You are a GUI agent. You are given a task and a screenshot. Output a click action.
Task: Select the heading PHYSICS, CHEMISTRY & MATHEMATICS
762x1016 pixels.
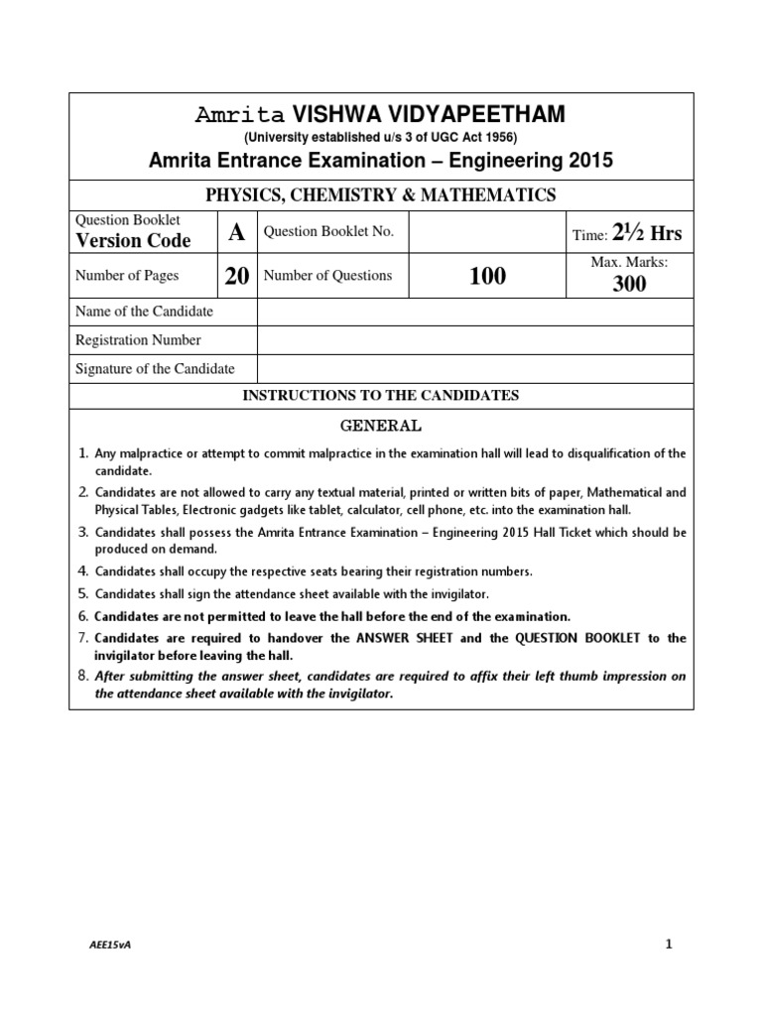pyautogui.click(x=381, y=194)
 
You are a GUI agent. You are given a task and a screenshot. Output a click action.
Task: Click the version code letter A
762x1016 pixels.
pyautogui.click(x=236, y=232)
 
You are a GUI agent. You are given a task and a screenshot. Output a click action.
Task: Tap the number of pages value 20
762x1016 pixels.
pyautogui.click(x=236, y=276)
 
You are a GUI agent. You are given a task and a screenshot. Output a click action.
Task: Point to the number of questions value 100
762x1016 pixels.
pyautogui.click(x=486, y=276)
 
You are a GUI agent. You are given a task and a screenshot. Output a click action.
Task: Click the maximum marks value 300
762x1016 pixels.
pyautogui.click(x=629, y=284)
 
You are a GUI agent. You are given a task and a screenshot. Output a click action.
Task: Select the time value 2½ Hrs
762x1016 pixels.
pyautogui.click(x=647, y=233)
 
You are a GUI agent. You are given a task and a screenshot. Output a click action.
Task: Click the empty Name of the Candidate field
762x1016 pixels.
pyautogui.click(x=475, y=312)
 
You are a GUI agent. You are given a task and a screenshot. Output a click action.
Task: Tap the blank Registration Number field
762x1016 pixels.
pyautogui.click(x=475, y=340)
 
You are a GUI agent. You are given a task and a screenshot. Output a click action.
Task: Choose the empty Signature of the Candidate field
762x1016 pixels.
pyautogui.click(x=475, y=369)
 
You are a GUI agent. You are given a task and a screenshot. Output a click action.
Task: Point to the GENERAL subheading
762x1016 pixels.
pyautogui.click(x=381, y=426)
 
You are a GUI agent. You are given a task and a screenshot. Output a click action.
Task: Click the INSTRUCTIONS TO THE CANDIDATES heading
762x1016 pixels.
pyautogui.click(x=381, y=396)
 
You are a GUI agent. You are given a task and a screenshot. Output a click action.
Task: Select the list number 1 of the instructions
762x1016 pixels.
pyautogui.click(x=83, y=454)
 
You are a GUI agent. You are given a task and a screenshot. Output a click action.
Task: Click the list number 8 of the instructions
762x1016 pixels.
pyautogui.click(x=83, y=676)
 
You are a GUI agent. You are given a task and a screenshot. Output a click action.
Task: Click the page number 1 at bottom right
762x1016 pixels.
pyautogui.click(x=669, y=944)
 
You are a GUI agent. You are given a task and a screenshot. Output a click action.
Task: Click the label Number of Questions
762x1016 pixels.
pyautogui.click(x=327, y=276)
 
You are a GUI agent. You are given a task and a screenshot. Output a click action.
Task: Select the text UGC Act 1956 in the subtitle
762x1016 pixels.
pyautogui.click(x=478, y=137)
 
